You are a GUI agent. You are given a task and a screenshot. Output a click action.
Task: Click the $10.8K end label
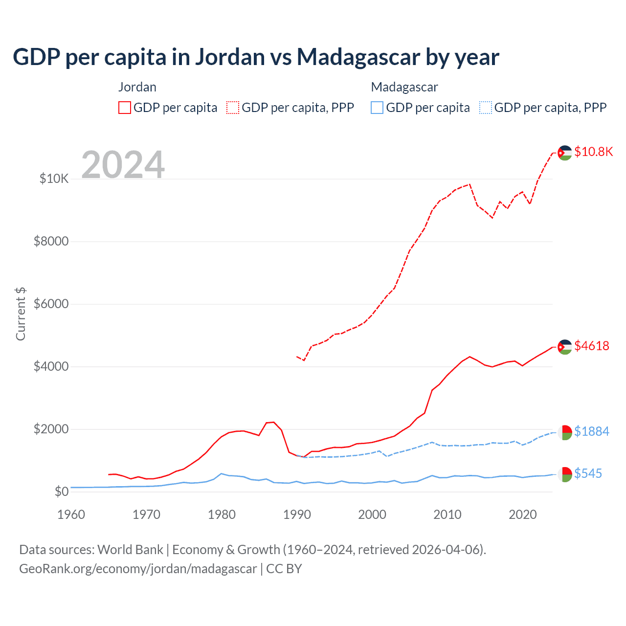click(x=593, y=152)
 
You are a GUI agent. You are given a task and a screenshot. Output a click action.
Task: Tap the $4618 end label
click(x=592, y=346)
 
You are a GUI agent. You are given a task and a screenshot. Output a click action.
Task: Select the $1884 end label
click(x=592, y=431)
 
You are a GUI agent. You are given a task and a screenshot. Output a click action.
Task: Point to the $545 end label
click(x=588, y=473)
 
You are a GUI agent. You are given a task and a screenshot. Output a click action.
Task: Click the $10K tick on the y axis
click(x=54, y=179)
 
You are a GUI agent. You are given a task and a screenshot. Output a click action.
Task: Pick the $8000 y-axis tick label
click(x=51, y=241)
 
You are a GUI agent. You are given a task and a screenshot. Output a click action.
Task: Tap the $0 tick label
click(x=61, y=492)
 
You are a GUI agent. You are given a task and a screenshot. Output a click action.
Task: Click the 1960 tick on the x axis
click(x=71, y=514)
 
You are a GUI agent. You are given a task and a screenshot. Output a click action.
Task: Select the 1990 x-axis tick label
click(x=297, y=514)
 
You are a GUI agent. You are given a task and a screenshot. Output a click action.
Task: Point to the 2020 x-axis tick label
click(x=523, y=514)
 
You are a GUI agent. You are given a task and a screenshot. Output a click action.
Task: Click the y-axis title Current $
click(x=21, y=313)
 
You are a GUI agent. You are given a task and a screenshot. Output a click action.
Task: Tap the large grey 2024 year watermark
click(x=123, y=164)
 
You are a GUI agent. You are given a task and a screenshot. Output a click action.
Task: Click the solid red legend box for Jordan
click(x=125, y=108)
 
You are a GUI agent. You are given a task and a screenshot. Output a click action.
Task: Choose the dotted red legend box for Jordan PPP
click(x=233, y=108)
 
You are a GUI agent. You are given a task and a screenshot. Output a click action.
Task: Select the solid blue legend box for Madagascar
click(x=377, y=108)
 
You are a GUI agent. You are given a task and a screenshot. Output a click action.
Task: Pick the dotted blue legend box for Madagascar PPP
click(x=486, y=108)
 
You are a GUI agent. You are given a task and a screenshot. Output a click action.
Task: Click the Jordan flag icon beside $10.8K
click(x=565, y=153)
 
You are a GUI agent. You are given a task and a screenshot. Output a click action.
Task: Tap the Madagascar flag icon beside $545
click(x=565, y=474)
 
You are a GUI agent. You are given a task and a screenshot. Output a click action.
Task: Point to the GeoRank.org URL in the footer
click(x=138, y=569)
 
